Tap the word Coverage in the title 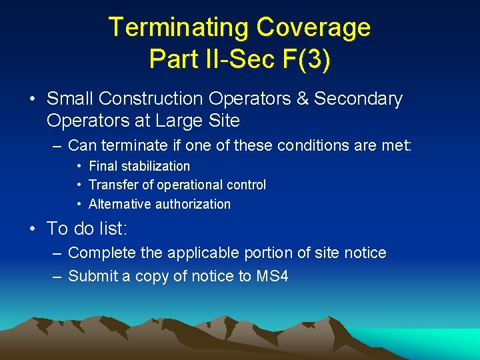pyautogui.click(x=313, y=27)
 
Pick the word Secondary pyautogui.click(x=359, y=99)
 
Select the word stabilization pyautogui.click(x=155, y=166)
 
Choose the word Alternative pyautogui.click(x=120, y=204)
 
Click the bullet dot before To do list pyautogui.click(x=33, y=229)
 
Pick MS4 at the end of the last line pyautogui.click(x=273, y=276)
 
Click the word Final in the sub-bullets pyautogui.click(x=103, y=166)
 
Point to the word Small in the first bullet pyautogui.click(x=70, y=99)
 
